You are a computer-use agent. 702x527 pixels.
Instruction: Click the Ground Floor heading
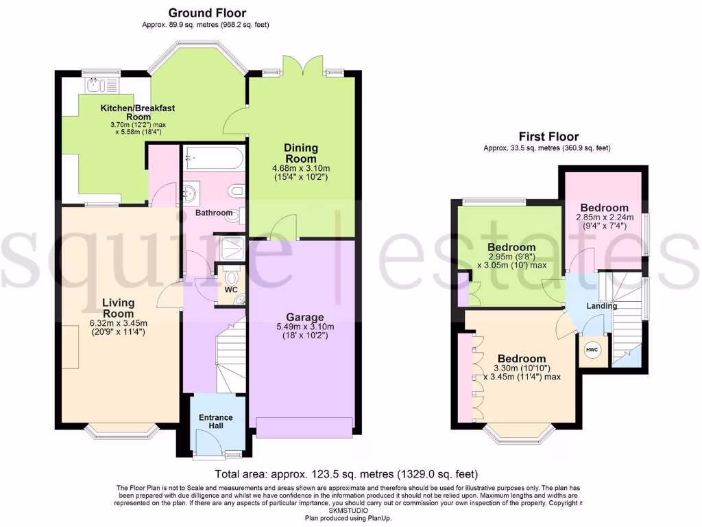pyautogui.click(x=206, y=12)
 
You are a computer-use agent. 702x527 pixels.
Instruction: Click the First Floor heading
pyautogui.click(x=548, y=137)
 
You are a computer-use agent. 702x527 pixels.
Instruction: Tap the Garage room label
pyautogui.click(x=305, y=317)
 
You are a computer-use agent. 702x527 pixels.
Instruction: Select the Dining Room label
pyautogui.click(x=302, y=153)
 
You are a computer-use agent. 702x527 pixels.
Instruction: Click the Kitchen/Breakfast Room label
pyautogui.click(x=138, y=112)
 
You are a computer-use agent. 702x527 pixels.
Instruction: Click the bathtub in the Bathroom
pyautogui.click(x=213, y=160)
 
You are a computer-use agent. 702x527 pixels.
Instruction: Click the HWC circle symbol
pyautogui.click(x=591, y=350)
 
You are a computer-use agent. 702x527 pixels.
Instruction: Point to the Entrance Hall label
pyautogui.click(x=215, y=422)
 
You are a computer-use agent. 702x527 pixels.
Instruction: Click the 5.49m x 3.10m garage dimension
pyautogui.click(x=305, y=327)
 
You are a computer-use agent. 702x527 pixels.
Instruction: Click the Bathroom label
pyautogui.click(x=214, y=213)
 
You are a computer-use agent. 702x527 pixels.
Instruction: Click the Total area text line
pyautogui.click(x=346, y=474)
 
